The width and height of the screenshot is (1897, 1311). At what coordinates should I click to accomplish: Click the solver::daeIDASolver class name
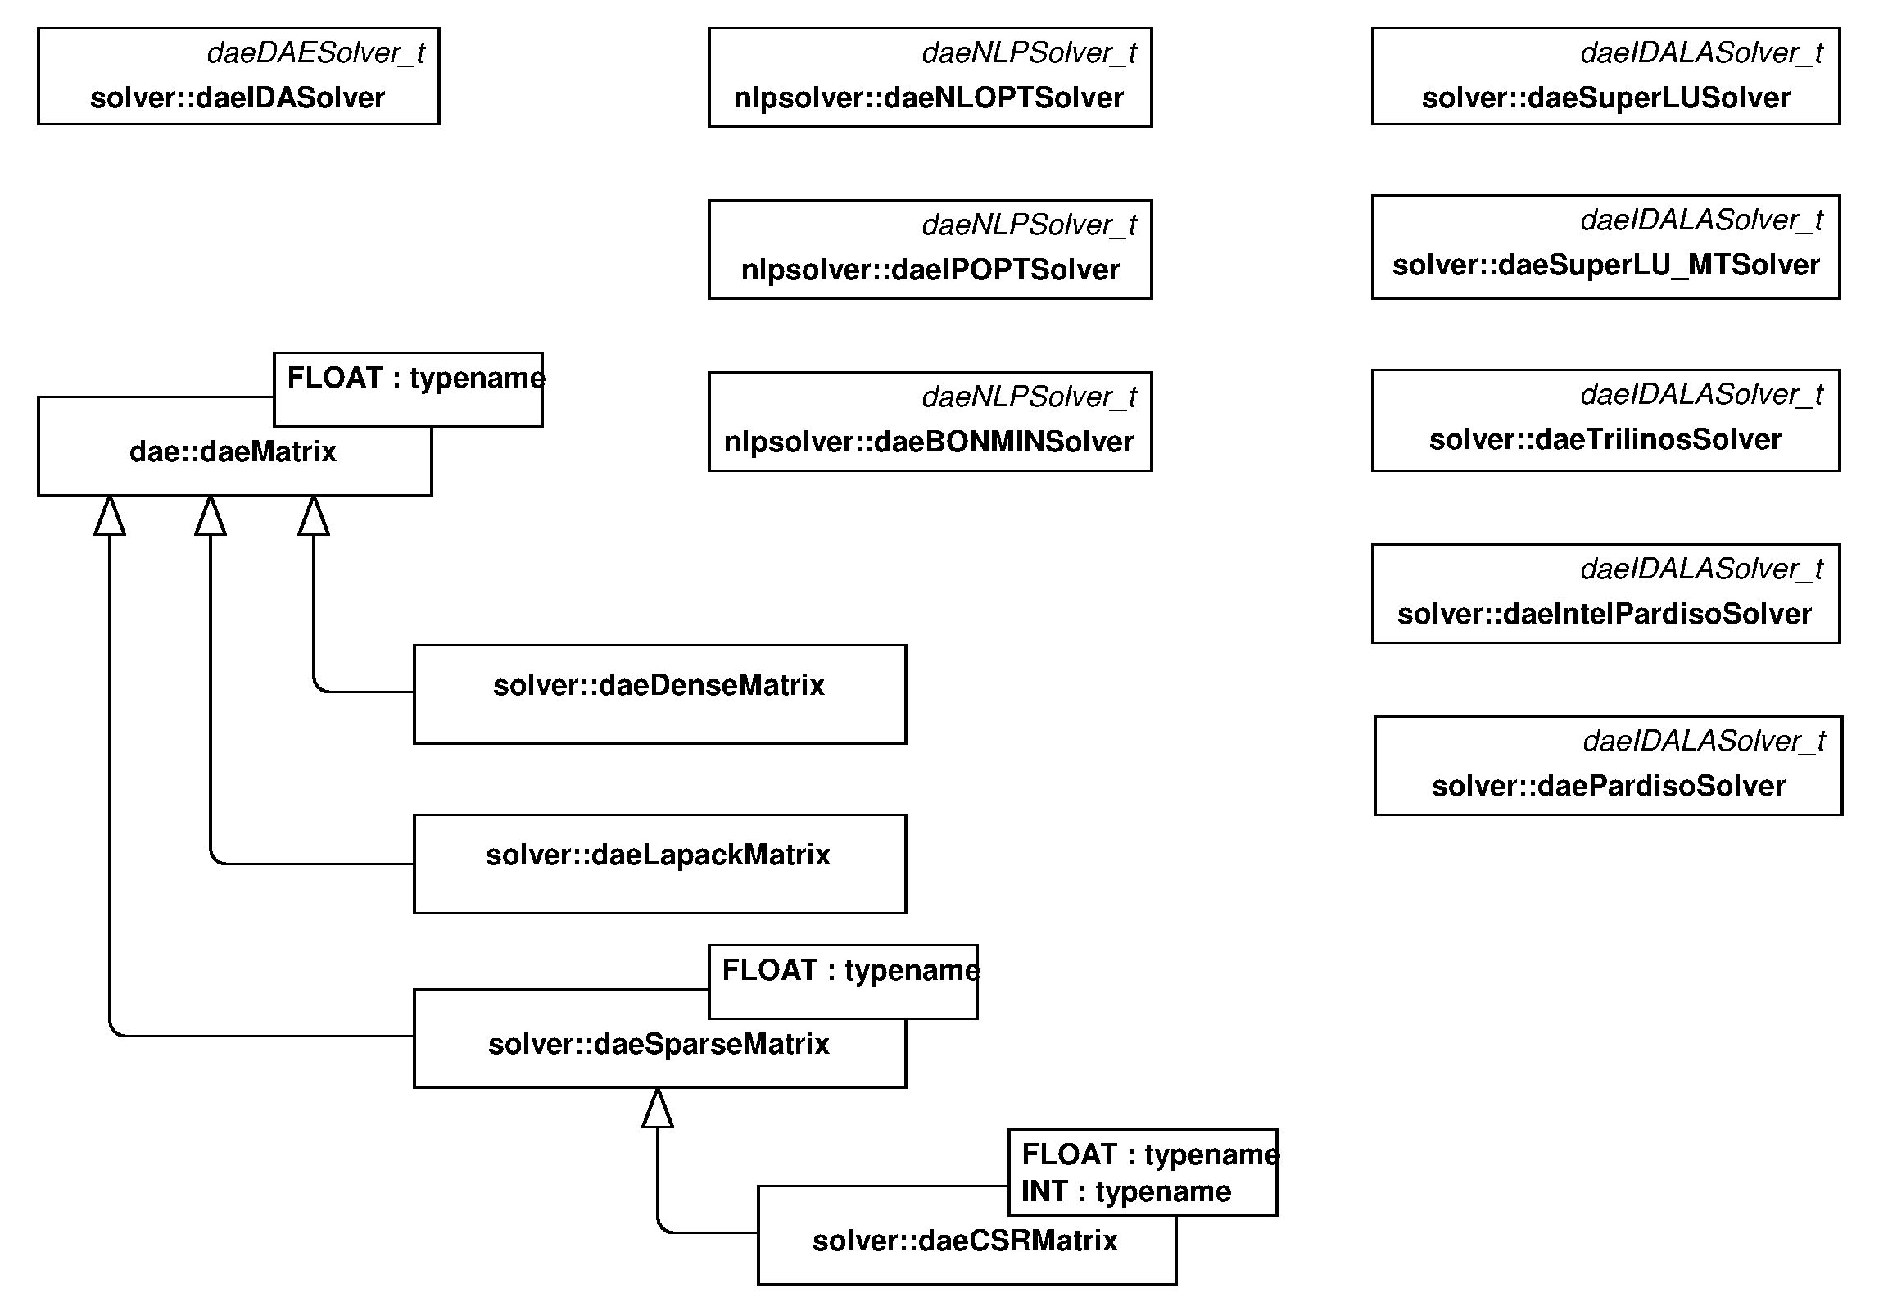[238, 98]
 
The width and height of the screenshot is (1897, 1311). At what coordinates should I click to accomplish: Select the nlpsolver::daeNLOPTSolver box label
[928, 98]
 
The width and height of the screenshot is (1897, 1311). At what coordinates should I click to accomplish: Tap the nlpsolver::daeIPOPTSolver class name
[930, 270]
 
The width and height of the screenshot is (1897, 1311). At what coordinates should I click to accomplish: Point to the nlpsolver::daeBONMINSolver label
[928, 442]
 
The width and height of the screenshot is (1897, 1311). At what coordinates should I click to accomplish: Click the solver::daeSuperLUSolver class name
[1605, 98]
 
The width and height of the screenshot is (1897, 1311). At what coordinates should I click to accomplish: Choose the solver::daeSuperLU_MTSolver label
[1605, 265]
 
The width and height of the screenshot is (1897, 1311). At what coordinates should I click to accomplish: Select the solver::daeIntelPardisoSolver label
[1604, 614]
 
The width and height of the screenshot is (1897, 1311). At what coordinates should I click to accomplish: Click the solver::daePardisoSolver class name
[1608, 786]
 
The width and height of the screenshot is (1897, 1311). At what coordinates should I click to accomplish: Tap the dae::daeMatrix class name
[233, 451]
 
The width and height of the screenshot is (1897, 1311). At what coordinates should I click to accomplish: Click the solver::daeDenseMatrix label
[659, 685]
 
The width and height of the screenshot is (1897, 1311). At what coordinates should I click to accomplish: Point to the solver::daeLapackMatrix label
[658, 855]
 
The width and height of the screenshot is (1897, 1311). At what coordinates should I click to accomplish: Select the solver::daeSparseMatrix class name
[659, 1044]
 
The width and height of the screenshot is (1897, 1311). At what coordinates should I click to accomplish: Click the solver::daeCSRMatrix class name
[965, 1241]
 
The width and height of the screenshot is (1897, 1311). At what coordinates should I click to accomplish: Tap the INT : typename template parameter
[1126, 1191]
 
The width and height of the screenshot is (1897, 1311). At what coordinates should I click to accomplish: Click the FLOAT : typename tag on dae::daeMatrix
[414, 378]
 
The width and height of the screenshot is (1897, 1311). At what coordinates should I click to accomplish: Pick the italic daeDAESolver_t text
[315, 53]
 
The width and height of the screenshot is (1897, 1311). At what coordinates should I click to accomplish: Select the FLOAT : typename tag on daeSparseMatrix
[850, 970]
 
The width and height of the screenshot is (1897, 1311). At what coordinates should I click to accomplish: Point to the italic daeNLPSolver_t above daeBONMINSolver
[1028, 397]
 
